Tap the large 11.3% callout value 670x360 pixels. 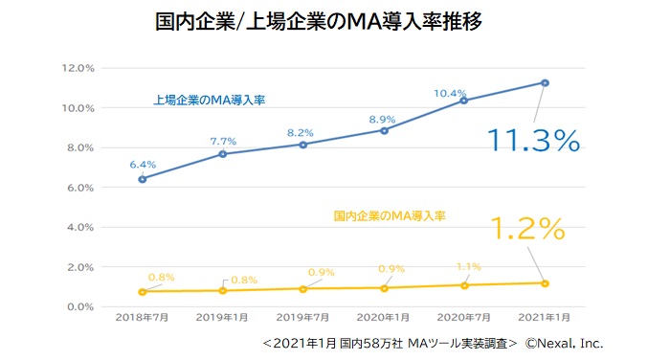[533, 141]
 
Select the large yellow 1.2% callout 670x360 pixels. [527, 229]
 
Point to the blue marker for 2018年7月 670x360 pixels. [143, 178]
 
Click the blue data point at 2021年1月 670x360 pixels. [545, 82]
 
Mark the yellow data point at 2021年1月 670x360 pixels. [545, 282]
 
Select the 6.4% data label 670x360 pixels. [143, 164]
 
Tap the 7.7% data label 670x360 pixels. [223, 141]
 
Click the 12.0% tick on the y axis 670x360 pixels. [76, 68]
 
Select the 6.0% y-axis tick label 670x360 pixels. [78, 188]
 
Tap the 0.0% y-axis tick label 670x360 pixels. [78, 306]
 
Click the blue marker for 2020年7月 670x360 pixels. [464, 101]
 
